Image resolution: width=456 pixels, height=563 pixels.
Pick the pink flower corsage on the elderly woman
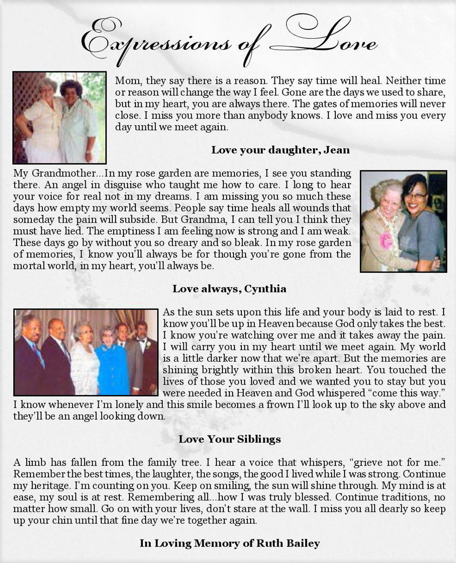pos(386,240)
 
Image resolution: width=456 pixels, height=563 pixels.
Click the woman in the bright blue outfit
pos(112,359)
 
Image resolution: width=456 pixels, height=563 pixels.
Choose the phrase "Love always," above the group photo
pos(207,289)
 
